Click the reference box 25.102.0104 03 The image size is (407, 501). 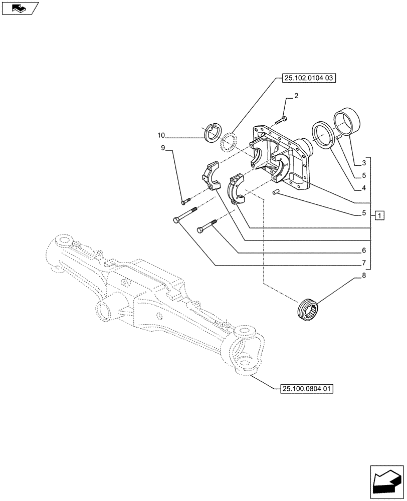(305, 78)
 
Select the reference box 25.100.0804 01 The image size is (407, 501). (305, 388)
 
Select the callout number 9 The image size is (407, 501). (163, 148)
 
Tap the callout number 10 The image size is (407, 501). (161, 135)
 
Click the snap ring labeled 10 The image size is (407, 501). (214, 132)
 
